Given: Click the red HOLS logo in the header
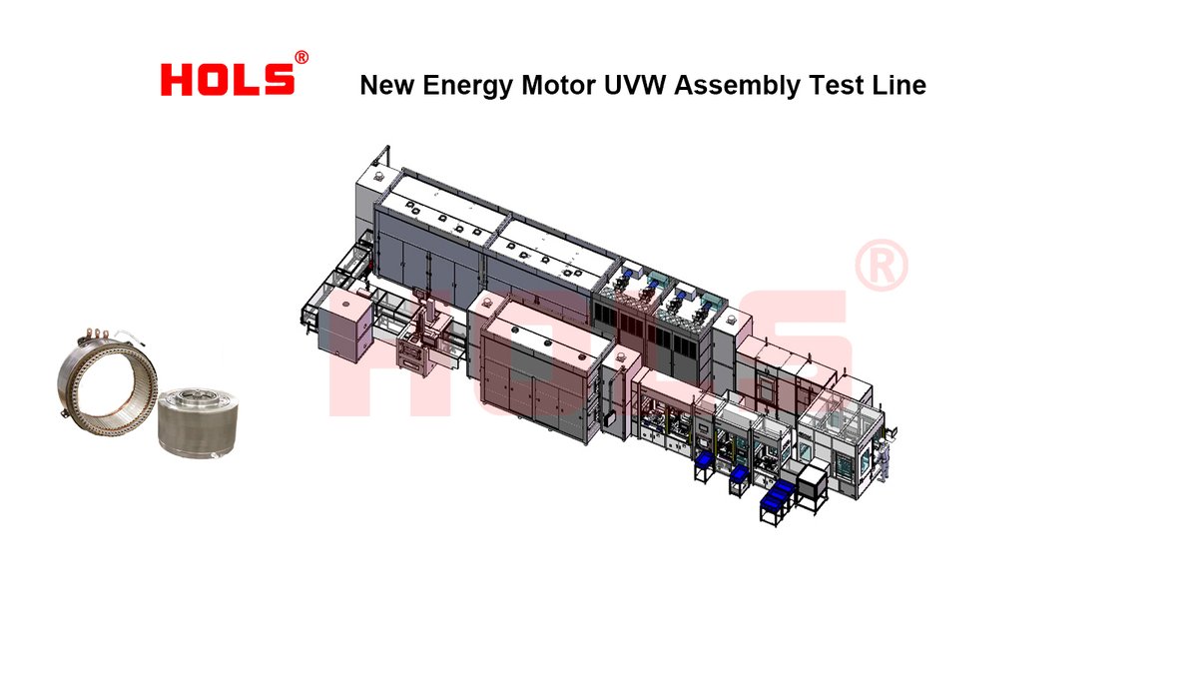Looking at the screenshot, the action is [228, 80].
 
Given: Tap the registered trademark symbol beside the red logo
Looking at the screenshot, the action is [301, 57].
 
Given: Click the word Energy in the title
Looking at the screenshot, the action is [468, 86].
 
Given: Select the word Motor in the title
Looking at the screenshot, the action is [558, 85].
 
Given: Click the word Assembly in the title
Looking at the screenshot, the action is [737, 86].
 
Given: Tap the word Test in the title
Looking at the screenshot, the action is [836, 85].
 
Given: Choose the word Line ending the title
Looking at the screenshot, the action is [899, 85].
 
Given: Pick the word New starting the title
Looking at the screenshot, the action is [387, 85].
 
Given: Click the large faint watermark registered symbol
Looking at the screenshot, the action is [882, 265].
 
